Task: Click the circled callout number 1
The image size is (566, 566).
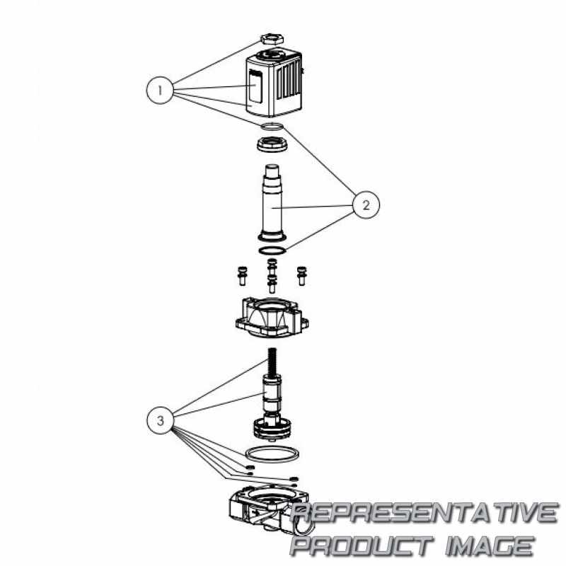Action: coord(160,91)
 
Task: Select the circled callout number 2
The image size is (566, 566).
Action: coord(366,205)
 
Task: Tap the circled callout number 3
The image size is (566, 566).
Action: coord(161,420)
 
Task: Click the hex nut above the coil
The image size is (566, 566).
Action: coord(272,38)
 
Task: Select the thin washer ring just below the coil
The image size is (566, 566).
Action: coord(272,127)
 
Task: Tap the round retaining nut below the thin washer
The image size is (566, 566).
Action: coord(272,144)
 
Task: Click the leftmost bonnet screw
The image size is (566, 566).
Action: coord(242,276)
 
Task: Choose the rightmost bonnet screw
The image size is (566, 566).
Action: coord(301,276)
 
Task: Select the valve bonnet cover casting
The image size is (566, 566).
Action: coord(272,317)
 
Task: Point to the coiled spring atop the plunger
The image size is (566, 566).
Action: coord(272,362)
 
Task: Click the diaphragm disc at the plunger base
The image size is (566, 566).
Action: coord(272,429)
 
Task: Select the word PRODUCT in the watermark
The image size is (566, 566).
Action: coord(362,545)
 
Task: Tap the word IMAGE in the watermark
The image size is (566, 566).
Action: coord(490,545)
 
